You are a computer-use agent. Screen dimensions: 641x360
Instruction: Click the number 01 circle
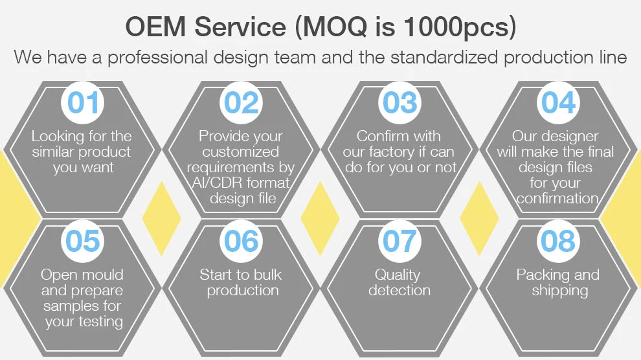pyautogui.click(x=83, y=102)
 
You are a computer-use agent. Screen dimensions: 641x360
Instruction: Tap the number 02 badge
pyautogui.click(x=242, y=102)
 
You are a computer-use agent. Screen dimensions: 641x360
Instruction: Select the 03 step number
pyautogui.click(x=399, y=102)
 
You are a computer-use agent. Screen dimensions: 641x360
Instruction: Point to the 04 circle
pyautogui.click(x=558, y=102)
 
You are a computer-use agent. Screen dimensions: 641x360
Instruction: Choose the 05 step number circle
pyautogui.click(x=83, y=241)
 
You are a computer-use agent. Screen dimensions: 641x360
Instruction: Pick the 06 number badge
pyautogui.click(x=242, y=241)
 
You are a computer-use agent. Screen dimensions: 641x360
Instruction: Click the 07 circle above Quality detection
pyautogui.click(x=399, y=241)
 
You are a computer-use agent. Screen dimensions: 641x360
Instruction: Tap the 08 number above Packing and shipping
pyautogui.click(x=558, y=241)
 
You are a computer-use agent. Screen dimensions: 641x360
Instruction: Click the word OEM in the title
pyautogui.click(x=156, y=27)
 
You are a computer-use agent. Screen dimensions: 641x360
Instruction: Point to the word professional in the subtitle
pyautogui.click(x=157, y=58)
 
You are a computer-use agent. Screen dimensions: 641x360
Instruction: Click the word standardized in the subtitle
pyautogui.click(x=444, y=57)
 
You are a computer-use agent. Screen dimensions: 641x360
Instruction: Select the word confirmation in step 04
pyautogui.click(x=557, y=198)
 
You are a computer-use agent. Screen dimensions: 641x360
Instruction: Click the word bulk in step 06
pyautogui.click(x=266, y=275)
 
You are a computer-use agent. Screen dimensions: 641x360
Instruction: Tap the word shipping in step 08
pyautogui.click(x=559, y=291)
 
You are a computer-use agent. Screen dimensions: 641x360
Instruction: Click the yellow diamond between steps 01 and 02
pyautogui.click(x=161, y=218)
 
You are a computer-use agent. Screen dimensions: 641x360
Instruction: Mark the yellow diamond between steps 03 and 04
pyautogui.click(x=479, y=218)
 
